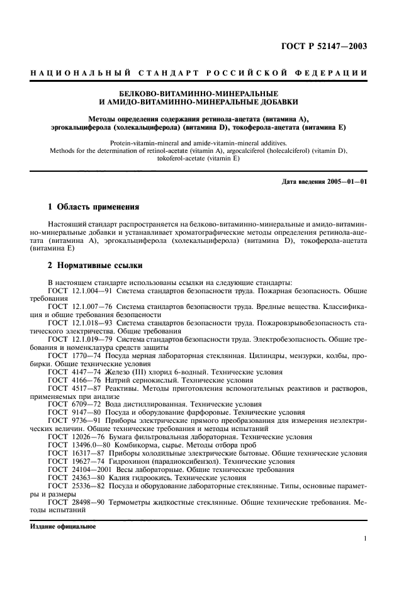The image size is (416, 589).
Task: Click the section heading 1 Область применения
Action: [94, 206]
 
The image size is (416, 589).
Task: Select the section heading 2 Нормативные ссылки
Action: [96, 266]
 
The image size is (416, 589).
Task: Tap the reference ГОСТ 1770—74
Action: [72, 356]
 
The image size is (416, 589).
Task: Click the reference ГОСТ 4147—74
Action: [72, 372]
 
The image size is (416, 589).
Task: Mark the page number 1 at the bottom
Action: [365, 539]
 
